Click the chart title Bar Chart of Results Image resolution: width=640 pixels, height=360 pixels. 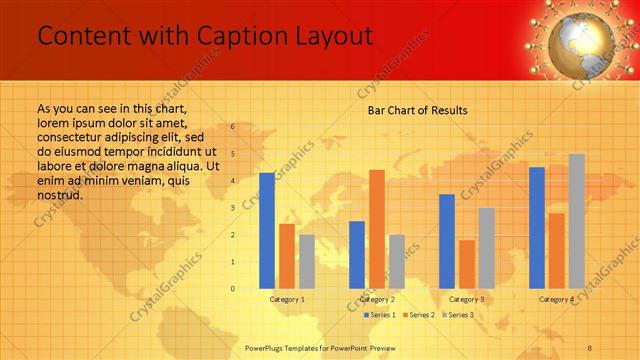(x=417, y=110)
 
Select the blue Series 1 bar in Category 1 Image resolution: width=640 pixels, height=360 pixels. (x=267, y=231)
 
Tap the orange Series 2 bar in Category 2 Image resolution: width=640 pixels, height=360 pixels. (x=376, y=229)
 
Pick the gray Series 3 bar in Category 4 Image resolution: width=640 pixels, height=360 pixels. (x=577, y=221)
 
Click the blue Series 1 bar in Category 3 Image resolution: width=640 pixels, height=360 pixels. (x=447, y=241)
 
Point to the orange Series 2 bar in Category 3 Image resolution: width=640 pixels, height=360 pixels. (x=467, y=264)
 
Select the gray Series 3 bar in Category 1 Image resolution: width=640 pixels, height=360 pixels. (x=307, y=262)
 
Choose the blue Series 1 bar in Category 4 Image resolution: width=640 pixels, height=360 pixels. (x=537, y=228)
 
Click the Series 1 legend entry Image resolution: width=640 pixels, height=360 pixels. (x=379, y=315)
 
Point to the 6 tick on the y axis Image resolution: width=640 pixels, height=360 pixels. (x=232, y=127)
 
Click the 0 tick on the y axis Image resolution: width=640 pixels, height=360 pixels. (x=232, y=289)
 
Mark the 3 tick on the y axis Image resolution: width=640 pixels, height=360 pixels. (x=232, y=208)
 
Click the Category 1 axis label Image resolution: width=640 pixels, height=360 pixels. (x=287, y=299)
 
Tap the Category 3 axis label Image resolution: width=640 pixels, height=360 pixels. (x=467, y=299)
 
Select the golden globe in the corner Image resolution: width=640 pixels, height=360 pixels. (x=583, y=38)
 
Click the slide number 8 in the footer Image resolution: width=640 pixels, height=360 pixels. (x=590, y=347)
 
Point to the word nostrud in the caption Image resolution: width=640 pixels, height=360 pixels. (x=59, y=194)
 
